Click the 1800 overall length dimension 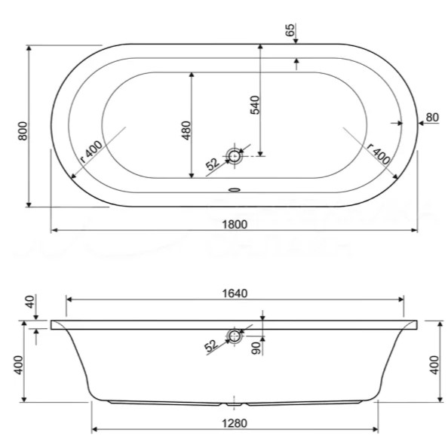click(x=235, y=224)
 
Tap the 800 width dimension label click(x=23, y=131)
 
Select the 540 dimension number click(x=255, y=105)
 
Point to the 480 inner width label click(x=186, y=130)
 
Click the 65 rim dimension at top click(x=290, y=30)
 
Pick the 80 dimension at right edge click(x=432, y=117)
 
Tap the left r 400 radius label click(x=91, y=152)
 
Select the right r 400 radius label click(x=379, y=153)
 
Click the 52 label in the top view click(x=213, y=164)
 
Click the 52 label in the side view click(x=211, y=346)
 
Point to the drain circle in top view click(x=235, y=156)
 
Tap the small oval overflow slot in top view click(x=235, y=189)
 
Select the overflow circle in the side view click(x=235, y=336)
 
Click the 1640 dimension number click(x=235, y=293)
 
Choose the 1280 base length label click(x=235, y=423)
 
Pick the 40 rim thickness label click(x=30, y=302)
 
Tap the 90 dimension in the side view click(x=257, y=348)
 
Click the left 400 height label click(x=19, y=365)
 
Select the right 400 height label click(x=434, y=365)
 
